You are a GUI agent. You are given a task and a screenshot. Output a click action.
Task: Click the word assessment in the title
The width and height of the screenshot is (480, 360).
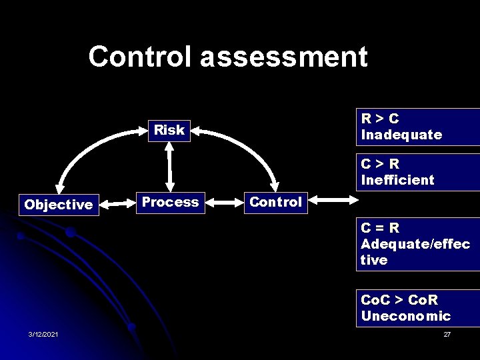point(284,57)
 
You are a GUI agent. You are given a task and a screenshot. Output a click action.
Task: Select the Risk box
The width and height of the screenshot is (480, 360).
point(169,130)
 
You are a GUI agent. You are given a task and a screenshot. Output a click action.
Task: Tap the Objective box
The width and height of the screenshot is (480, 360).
point(59,205)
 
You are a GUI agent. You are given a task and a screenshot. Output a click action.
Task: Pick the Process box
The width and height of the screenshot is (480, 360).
point(171,202)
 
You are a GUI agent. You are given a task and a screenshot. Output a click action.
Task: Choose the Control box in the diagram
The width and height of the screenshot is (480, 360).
point(275,202)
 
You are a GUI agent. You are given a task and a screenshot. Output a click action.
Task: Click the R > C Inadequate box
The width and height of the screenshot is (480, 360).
point(418,127)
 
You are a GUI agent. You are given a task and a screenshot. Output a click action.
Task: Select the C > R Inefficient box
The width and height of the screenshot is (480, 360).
point(418,172)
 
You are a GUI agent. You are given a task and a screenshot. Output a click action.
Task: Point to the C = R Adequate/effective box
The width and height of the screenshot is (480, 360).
point(418,243)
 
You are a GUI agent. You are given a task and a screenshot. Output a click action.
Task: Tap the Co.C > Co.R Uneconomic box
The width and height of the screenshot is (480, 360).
point(418,308)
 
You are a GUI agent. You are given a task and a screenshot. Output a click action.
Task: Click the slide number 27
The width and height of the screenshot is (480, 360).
point(447,334)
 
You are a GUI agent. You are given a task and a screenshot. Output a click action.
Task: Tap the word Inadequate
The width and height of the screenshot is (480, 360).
point(401,135)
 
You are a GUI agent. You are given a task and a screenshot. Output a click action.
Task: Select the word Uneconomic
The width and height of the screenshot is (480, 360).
point(406,316)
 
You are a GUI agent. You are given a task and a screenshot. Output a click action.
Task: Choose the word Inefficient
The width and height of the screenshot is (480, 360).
point(397,180)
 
